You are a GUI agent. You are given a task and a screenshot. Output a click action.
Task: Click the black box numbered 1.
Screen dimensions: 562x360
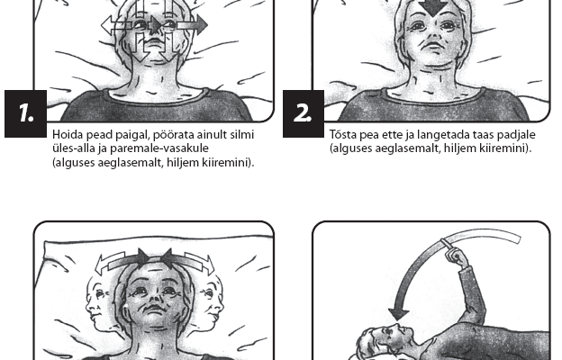click(x=25, y=113)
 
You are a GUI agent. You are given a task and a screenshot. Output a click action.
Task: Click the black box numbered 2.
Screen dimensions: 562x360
click(x=304, y=113)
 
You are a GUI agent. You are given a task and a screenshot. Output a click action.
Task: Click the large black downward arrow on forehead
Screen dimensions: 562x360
click(x=433, y=7)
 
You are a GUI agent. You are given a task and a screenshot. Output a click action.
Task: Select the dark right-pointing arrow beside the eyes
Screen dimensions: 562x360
click(x=192, y=25)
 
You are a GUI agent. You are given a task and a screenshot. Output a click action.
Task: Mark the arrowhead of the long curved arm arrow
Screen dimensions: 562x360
click(x=399, y=314)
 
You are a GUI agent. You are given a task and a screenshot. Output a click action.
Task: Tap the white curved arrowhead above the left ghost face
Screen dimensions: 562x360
click(x=100, y=265)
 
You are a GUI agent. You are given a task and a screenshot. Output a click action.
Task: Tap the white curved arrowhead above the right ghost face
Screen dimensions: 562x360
click(x=209, y=265)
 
